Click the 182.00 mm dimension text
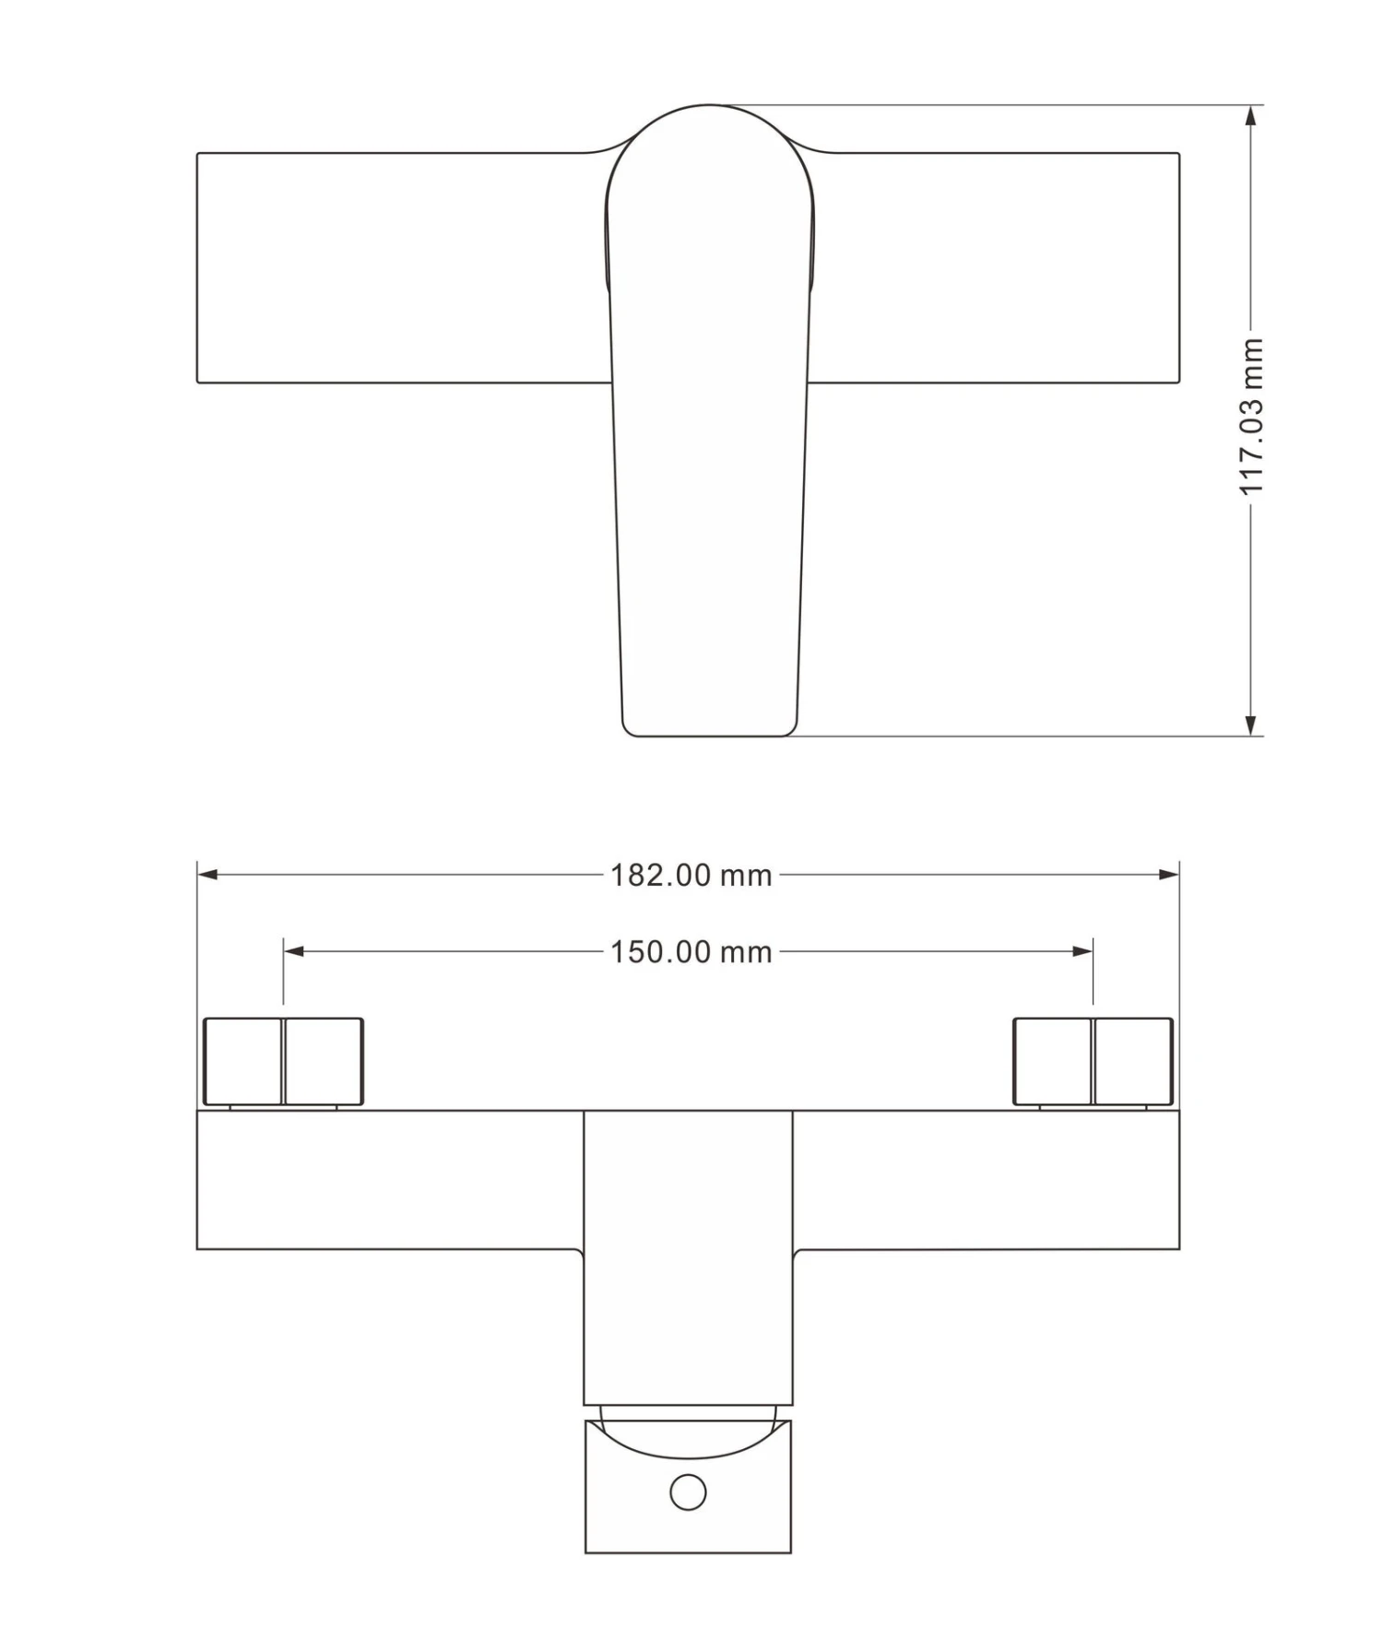click(691, 875)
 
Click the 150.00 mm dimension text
click(691, 951)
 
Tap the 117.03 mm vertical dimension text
click(1251, 417)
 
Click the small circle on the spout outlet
click(688, 1492)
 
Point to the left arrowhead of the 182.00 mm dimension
click(208, 874)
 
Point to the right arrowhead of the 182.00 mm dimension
click(1168, 874)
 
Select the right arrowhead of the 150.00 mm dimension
click(1082, 951)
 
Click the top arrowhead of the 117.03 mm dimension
click(1250, 116)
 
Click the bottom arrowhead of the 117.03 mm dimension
click(1250, 725)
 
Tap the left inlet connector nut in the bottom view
click(283, 1061)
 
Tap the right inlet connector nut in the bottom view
click(1093, 1061)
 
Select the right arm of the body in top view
click(996, 267)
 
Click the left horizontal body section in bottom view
click(387, 1180)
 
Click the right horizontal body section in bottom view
click(987, 1180)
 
